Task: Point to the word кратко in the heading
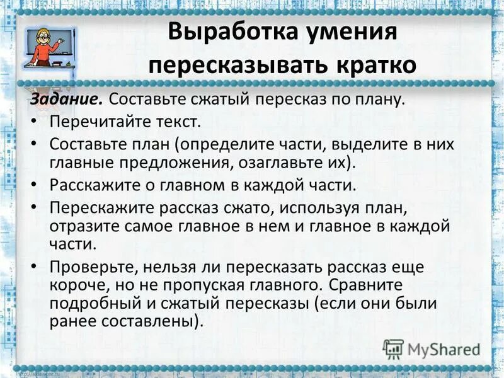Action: (x=372, y=66)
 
